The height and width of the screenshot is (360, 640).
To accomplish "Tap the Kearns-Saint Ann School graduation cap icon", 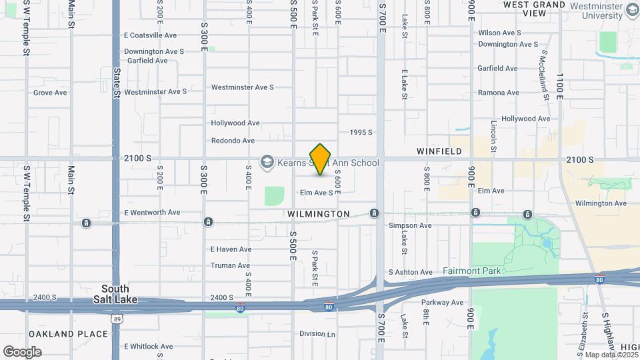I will (x=267, y=162).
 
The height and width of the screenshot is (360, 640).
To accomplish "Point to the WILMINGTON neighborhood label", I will (x=319, y=214).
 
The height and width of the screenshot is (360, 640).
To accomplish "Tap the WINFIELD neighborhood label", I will (x=439, y=151).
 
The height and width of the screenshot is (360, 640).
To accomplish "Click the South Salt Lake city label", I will (x=119, y=294).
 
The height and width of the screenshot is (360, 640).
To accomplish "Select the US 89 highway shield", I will (x=117, y=319).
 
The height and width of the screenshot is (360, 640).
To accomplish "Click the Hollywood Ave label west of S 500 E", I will (x=235, y=123).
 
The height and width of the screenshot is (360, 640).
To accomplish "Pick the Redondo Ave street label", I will (x=233, y=141).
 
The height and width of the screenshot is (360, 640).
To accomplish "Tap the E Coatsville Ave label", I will (x=150, y=35).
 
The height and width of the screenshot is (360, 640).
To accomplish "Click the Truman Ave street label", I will (x=230, y=265).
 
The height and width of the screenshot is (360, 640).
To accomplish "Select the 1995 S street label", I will (x=363, y=132).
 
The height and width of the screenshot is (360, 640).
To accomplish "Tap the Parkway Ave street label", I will (x=442, y=302).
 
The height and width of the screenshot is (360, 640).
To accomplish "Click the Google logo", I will (x=22, y=351).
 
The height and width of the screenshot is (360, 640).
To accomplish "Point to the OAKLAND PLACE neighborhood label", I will (x=68, y=334).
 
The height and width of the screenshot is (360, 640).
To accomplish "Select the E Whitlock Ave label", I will (x=148, y=347).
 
